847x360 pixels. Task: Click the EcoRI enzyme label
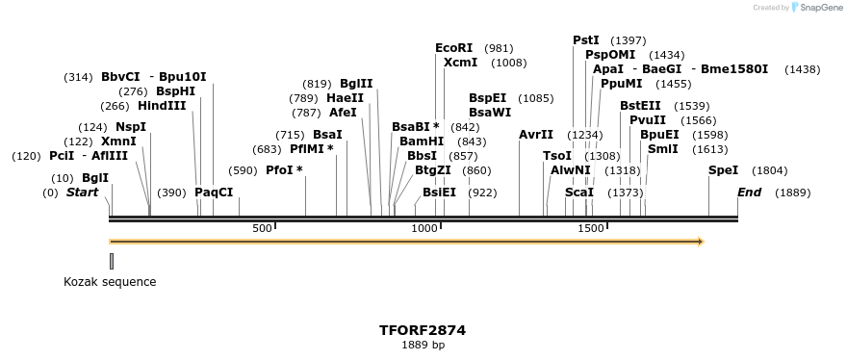(454, 47)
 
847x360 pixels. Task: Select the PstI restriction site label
(586, 39)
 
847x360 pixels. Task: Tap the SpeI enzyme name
(723, 169)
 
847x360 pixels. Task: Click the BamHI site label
(422, 141)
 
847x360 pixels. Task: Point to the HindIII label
(162, 106)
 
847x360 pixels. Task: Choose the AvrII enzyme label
(536, 134)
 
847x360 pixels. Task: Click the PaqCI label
(214, 192)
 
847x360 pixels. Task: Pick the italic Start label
(82, 192)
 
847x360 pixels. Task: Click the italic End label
(749, 192)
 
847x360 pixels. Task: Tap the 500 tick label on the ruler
(262, 228)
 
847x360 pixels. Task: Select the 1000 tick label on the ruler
(424, 228)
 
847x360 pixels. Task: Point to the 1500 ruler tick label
(591, 228)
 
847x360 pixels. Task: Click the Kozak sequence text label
(110, 282)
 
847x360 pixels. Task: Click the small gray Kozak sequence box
(112, 261)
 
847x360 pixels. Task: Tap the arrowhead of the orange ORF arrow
(700, 241)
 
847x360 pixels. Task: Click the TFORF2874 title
(423, 329)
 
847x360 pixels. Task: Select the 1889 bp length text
(423, 345)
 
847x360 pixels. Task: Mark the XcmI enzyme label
(460, 63)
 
